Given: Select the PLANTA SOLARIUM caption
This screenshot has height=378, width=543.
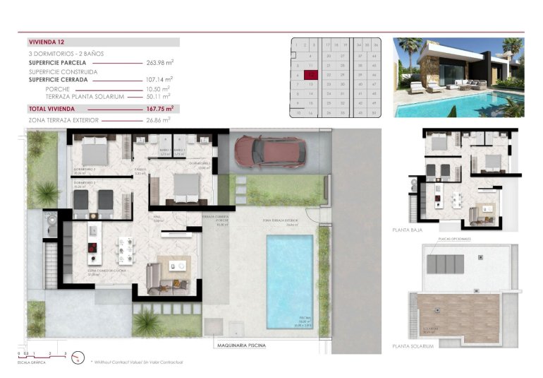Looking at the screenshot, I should click(413, 346).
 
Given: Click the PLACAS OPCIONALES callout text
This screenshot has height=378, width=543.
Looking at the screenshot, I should click(454, 240).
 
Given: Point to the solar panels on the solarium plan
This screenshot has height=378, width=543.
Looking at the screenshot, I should click(444, 264).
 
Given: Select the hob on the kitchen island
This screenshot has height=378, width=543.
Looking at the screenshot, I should click(92, 247).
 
